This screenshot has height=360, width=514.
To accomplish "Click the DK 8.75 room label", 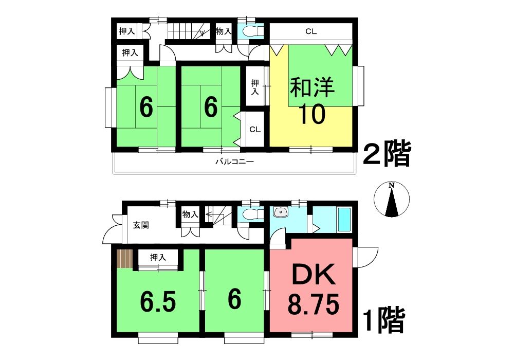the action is tap(314, 289).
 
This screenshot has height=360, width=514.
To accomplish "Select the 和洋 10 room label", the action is tap(312, 100).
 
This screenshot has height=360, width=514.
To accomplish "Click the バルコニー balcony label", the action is tap(235, 161).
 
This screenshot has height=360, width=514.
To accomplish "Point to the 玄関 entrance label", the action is tap(141, 225).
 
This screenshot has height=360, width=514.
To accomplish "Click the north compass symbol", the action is tap(391, 199).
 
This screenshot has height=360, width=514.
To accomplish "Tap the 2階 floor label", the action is tap(387, 154).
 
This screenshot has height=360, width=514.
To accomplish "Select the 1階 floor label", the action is tap(384, 320).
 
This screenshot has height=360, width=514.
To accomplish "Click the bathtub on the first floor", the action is tap(344, 219).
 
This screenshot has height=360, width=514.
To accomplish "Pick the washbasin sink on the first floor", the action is tap(280, 212).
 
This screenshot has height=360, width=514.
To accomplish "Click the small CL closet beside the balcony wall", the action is tap(255, 129).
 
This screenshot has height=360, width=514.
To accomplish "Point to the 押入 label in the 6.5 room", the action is tap(158, 257).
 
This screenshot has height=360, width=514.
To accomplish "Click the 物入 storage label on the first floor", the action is tap(190, 215).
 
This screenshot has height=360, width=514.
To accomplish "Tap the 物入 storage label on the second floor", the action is tap(224, 31).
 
